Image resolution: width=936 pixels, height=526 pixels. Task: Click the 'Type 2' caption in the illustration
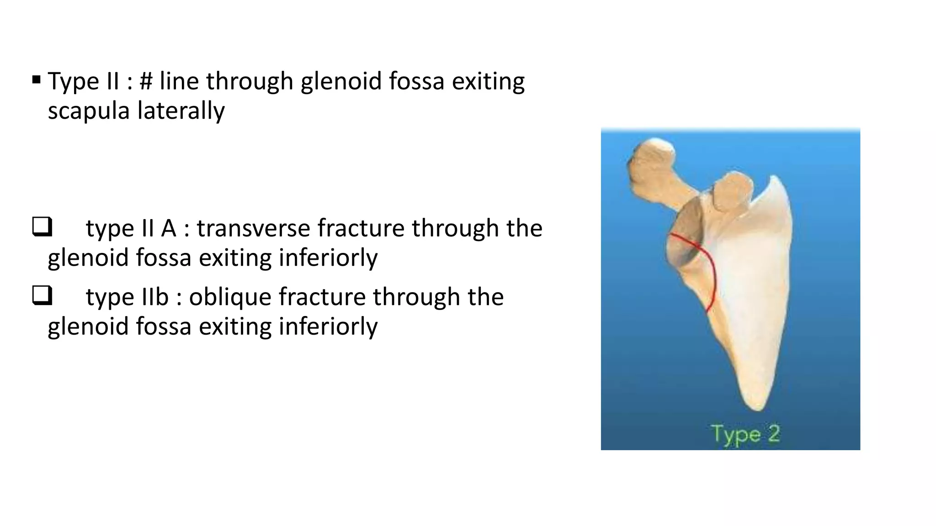click(x=745, y=434)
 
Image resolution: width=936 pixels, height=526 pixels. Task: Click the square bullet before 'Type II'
click(x=37, y=81)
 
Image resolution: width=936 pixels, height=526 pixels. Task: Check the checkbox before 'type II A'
click(x=42, y=227)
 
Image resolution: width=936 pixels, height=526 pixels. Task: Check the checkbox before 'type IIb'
click(x=42, y=295)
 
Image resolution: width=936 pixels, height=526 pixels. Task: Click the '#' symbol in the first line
click(x=146, y=81)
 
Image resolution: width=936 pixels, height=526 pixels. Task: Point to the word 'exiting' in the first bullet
click(x=488, y=81)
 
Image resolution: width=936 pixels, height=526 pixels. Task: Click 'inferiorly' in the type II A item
click(x=328, y=258)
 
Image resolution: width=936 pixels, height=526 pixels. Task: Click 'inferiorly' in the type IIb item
click(x=328, y=326)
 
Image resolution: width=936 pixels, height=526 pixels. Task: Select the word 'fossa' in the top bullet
click(x=416, y=81)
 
